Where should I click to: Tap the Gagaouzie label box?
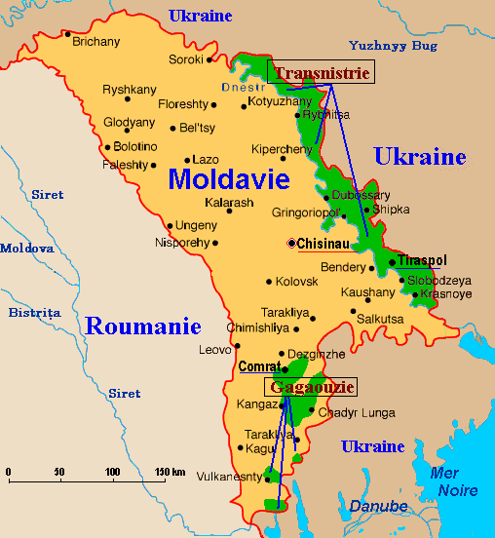(x=309, y=387)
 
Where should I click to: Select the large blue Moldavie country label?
(x=229, y=178)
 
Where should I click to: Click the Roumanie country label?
(x=142, y=326)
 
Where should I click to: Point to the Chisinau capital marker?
(x=292, y=243)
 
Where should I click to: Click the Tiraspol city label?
(x=422, y=261)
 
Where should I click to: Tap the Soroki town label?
(x=185, y=59)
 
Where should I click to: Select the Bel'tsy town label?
(x=198, y=128)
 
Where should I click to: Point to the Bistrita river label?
(x=34, y=313)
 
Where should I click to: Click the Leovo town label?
(x=215, y=349)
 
